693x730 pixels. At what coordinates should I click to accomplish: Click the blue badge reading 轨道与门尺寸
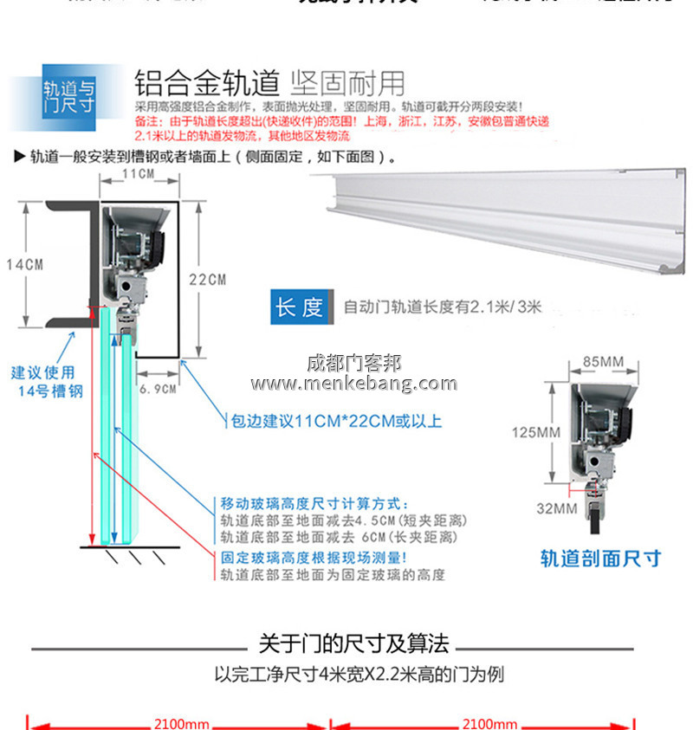pos(69,96)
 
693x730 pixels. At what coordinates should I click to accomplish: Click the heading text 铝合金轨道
pos(206,83)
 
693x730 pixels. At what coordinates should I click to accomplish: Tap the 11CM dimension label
pos(138,175)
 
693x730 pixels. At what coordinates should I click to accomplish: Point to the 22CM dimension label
pos(208,280)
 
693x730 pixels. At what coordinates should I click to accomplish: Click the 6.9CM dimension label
pos(158,389)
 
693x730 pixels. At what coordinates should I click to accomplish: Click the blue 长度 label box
pos(300,307)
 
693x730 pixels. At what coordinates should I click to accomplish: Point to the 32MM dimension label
pos(556,508)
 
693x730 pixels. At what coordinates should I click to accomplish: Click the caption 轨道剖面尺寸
pos(600,558)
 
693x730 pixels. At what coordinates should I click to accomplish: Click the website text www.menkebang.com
pos(353,384)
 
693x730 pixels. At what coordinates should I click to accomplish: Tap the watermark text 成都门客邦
pos(353,363)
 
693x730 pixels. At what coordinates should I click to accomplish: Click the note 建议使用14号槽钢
pos(48,382)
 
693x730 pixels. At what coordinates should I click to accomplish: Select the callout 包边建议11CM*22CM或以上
pos(332,422)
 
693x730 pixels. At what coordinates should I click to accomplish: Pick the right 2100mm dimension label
pos(489,723)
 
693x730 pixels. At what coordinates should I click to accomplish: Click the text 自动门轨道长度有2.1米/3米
pos(442,307)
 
